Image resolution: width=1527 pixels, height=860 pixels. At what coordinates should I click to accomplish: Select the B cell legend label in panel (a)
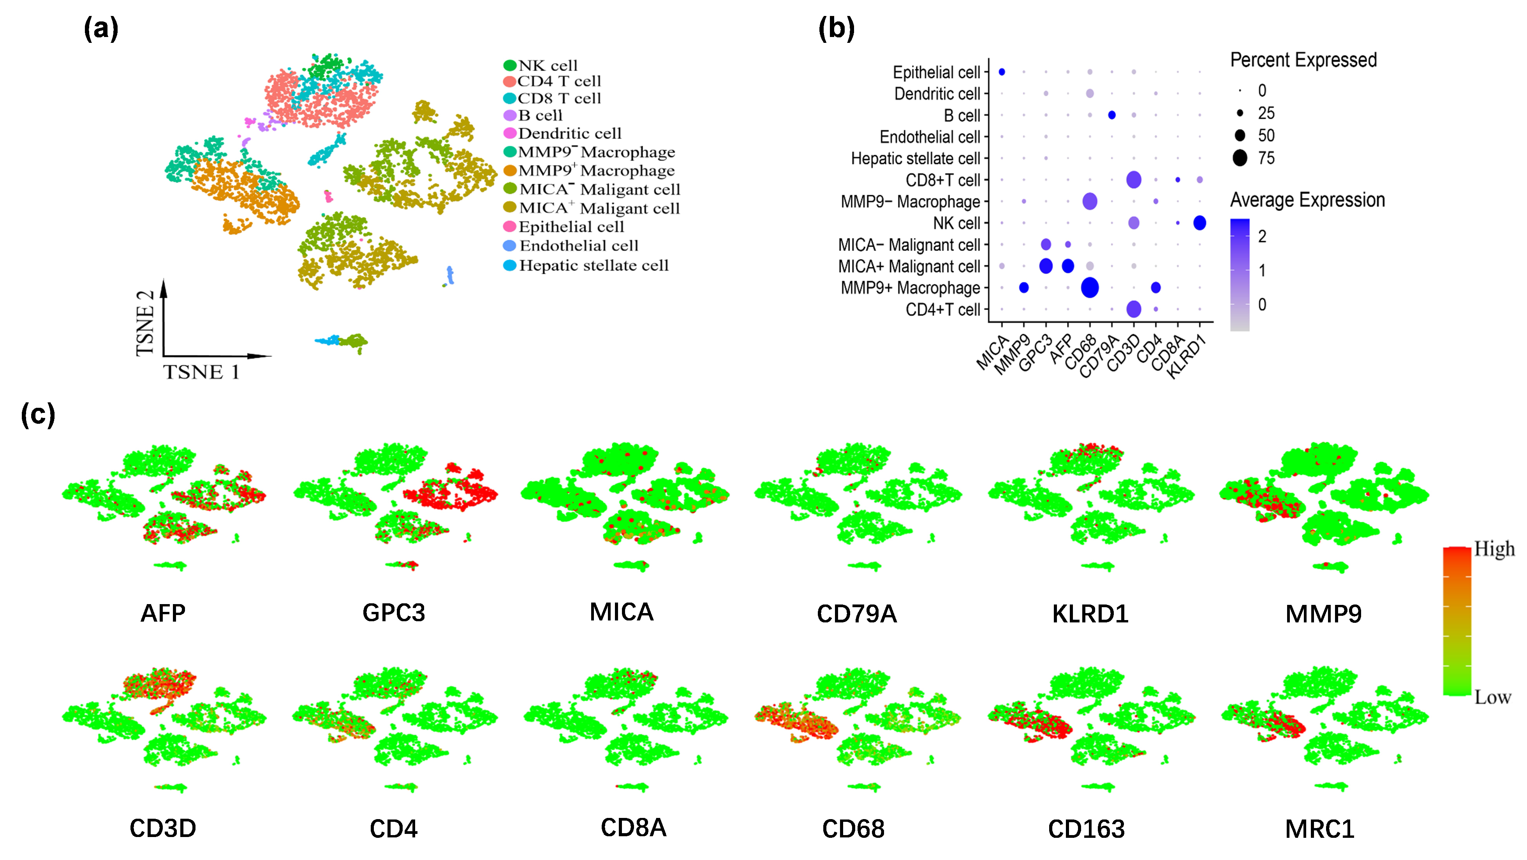[x=539, y=116]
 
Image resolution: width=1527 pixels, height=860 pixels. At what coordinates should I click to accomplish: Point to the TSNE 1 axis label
[x=202, y=372]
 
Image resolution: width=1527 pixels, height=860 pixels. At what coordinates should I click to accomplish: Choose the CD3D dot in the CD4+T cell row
[x=1133, y=309]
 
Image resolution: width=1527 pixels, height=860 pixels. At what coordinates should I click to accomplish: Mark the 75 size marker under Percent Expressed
[x=1240, y=158]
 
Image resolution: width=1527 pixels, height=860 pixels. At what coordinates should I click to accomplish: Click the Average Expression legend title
[x=1307, y=200]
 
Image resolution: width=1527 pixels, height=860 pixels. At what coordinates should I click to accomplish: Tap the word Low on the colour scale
[x=1493, y=697]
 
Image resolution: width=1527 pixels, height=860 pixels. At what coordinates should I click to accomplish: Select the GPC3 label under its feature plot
[x=394, y=613]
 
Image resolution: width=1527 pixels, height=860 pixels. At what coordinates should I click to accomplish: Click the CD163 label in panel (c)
[x=1086, y=828]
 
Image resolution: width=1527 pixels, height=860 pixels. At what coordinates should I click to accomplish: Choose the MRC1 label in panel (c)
[x=1319, y=828]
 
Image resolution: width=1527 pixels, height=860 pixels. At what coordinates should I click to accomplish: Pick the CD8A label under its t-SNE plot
[x=633, y=827]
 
